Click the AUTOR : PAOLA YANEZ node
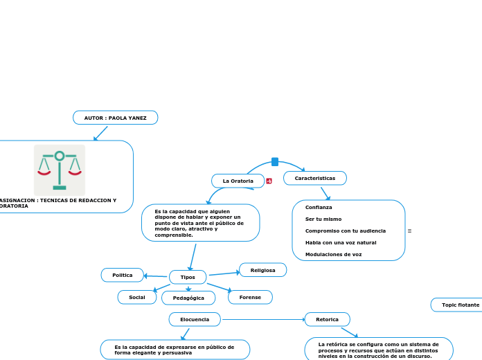coord(115,118)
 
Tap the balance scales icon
coord(60,170)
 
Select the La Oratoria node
coord(238,181)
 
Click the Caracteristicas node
coord(314,179)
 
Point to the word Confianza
coord(319,208)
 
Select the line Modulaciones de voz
coord(333,255)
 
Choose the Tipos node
coord(188,277)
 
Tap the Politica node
coord(123,275)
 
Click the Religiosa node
coord(262,270)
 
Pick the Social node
coord(137,297)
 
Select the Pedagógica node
coord(188,298)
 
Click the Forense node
coord(250,297)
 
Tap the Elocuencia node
coord(195,319)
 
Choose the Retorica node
coord(327,319)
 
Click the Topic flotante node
coord(459,305)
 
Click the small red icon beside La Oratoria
coord(269,181)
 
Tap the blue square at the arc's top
coord(275,162)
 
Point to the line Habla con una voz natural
coord(341,243)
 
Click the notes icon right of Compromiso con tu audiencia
coord(410,231)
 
